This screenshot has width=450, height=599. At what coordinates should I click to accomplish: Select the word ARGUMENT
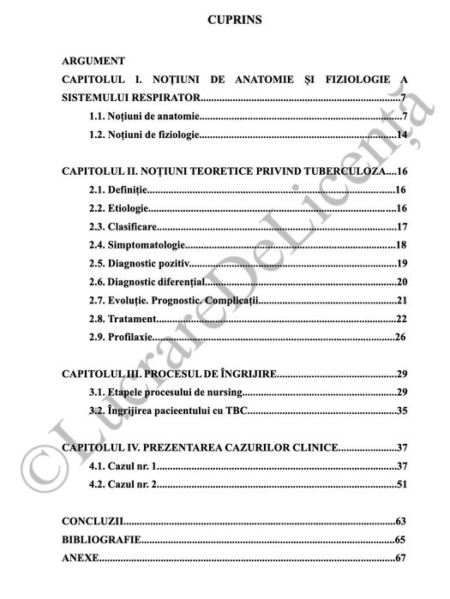coord(94,62)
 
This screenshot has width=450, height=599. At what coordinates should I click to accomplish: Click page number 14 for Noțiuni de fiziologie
coord(401,135)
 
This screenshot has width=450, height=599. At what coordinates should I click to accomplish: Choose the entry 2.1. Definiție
coord(118,190)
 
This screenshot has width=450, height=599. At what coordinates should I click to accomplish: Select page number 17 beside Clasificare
coord(401,227)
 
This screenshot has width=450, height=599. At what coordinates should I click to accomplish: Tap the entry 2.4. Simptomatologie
coord(137,246)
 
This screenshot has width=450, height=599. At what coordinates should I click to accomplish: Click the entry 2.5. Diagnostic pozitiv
coord(139,264)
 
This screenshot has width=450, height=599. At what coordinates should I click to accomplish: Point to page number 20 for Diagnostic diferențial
coord(401,282)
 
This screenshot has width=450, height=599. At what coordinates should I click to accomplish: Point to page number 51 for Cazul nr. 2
coord(401,485)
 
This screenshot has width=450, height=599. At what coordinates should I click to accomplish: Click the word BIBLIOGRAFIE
coord(100,540)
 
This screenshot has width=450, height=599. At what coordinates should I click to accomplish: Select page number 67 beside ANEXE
coord(401,559)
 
